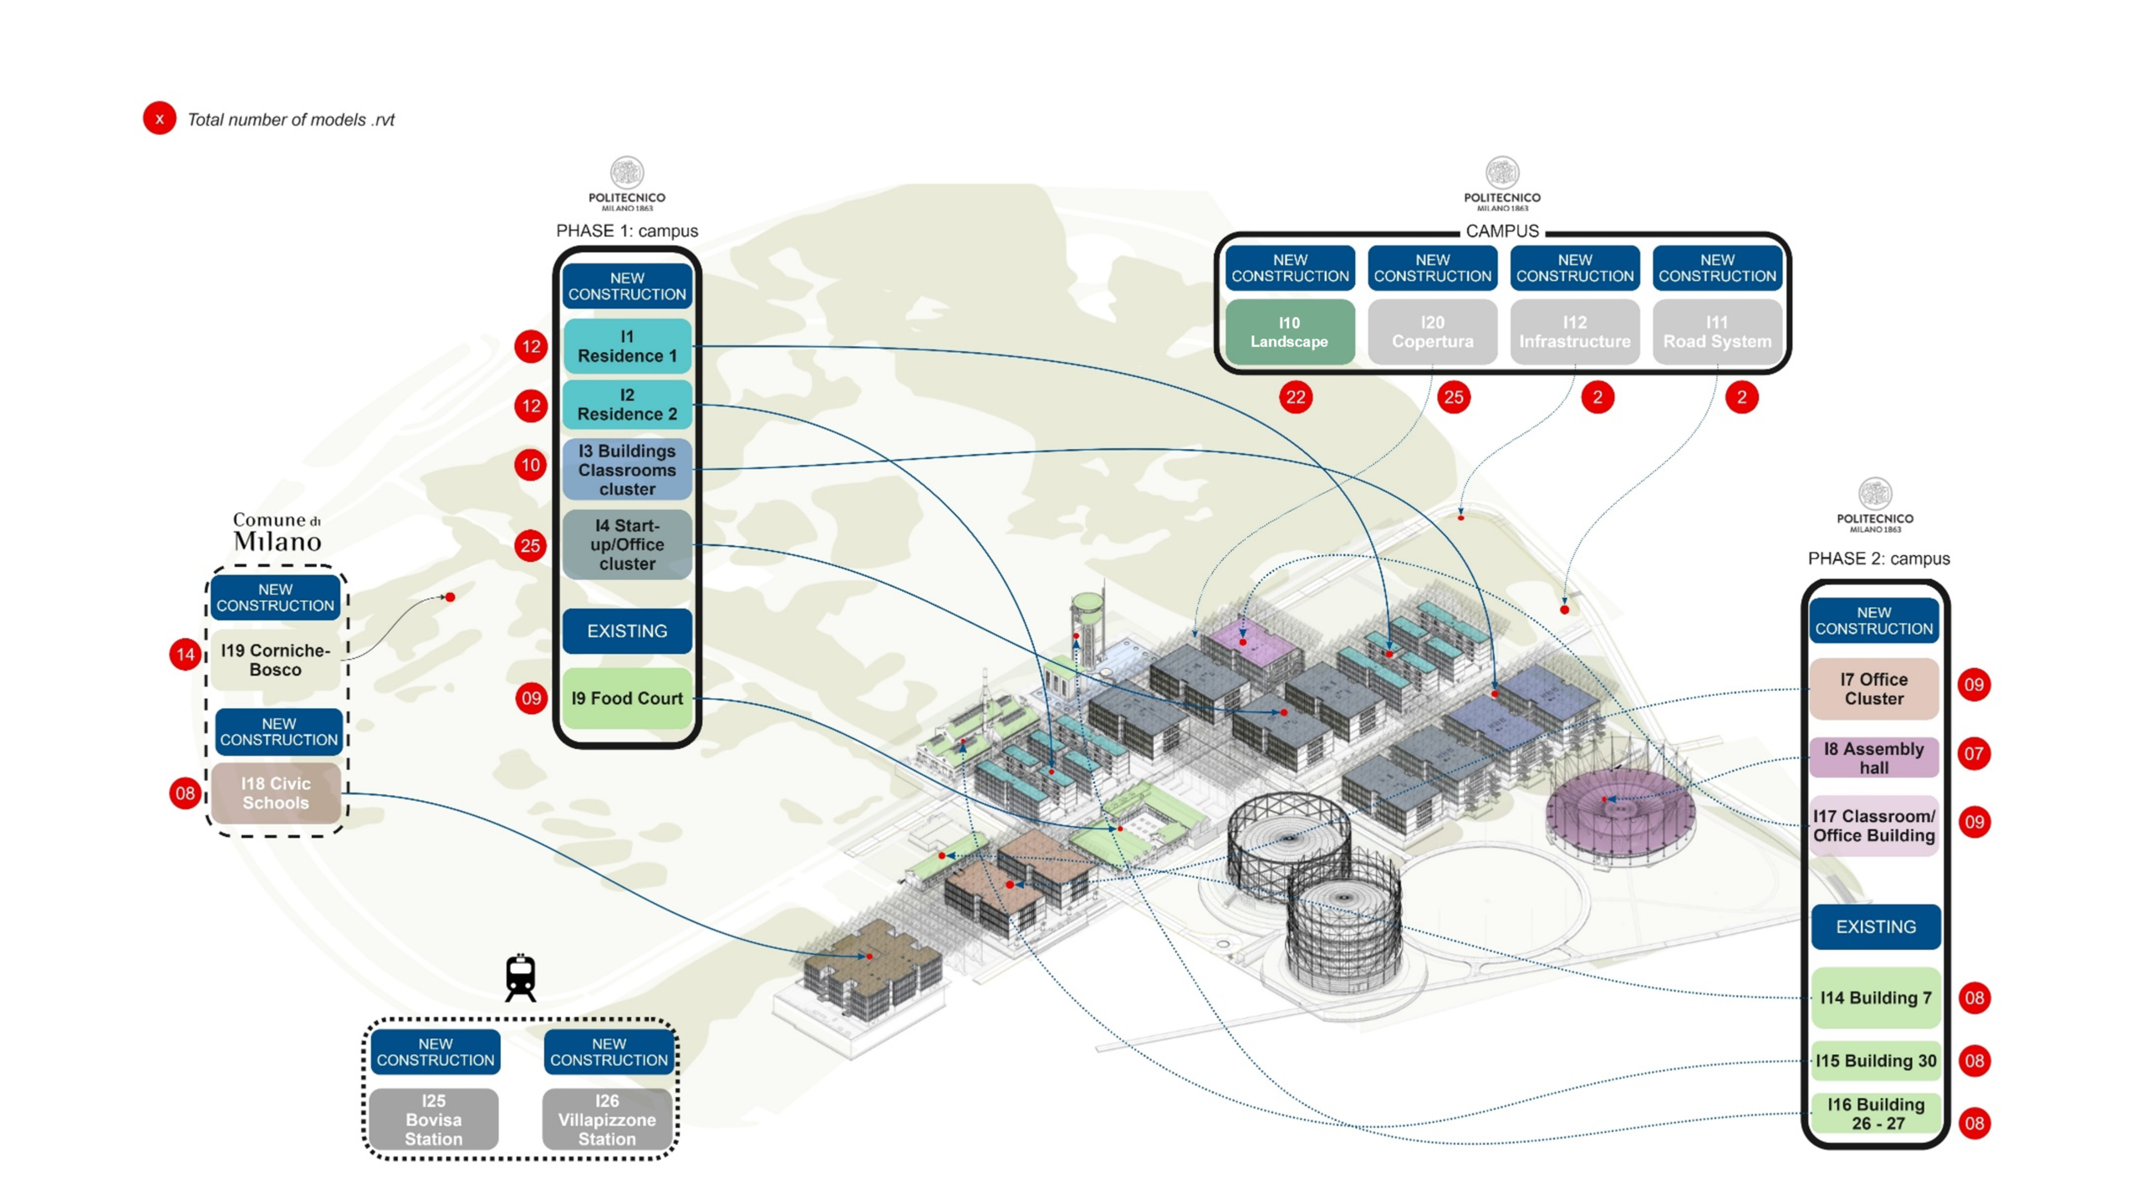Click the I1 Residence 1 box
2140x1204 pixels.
(x=627, y=345)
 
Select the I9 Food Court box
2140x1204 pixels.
(x=627, y=697)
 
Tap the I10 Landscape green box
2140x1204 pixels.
(x=1289, y=332)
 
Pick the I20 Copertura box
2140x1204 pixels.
(x=1432, y=332)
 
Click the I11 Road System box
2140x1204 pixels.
(x=1717, y=332)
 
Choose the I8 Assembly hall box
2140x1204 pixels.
(x=1873, y=758)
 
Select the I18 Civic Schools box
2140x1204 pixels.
(x=276, y=793)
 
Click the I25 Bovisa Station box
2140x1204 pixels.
(x=434, y=1119)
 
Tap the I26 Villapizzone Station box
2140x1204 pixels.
(x=608, y=1119)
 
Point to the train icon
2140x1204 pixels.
(x=520, y=977)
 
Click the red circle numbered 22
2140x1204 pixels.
(x=1295, y=397)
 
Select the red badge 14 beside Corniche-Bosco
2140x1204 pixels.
(x=186, y=654)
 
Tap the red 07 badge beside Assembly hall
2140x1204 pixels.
(x=1974, y=753)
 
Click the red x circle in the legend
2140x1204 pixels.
(x=159, y=118)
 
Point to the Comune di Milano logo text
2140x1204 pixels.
(x=277, y=532)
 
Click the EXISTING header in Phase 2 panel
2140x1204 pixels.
(x=1875, y=926)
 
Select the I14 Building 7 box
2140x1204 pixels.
(x=1875, y=997)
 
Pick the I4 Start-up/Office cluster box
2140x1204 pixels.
(x=627, y=544)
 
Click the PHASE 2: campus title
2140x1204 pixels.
(x=1878, y=559)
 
